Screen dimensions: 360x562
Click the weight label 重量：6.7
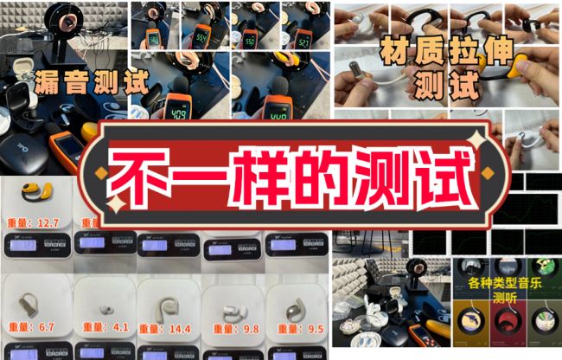click(34, 328)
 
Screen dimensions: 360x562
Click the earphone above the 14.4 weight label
click(167, 299)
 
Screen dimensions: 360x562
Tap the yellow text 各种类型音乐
click(504, 284)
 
